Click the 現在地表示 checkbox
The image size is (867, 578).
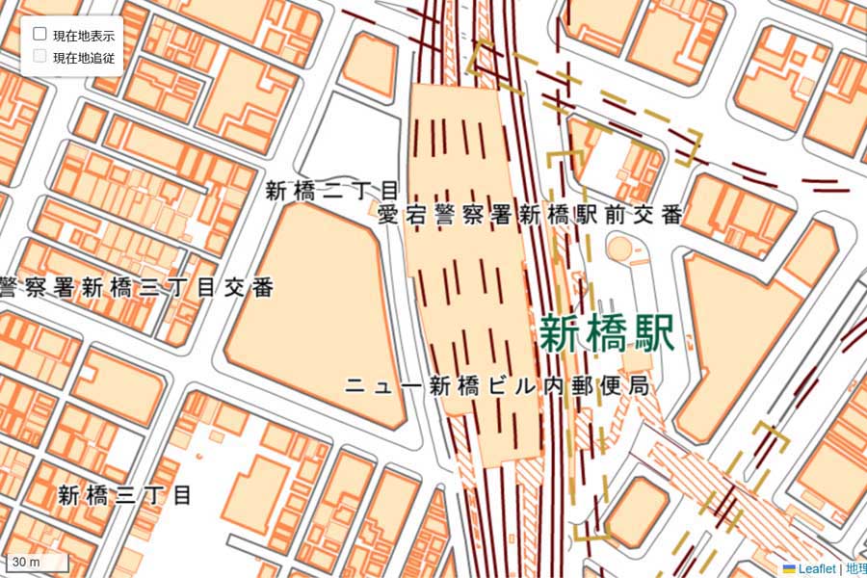click(40, 34)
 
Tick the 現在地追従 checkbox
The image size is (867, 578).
click(40, 56)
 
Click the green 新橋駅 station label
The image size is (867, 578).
click(606, 334)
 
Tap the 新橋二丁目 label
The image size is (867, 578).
click(332, 190)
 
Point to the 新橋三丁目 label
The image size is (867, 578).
click(124, 495)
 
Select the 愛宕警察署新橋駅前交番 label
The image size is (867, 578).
click(531, 214)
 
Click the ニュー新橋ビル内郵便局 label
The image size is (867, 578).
click(495, 387)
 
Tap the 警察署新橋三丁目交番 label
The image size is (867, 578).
click(136, 286)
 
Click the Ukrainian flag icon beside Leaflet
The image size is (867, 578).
click(789, 569)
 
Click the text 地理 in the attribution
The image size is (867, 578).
click(856, 569)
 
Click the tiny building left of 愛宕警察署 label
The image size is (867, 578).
click(375, 208)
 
